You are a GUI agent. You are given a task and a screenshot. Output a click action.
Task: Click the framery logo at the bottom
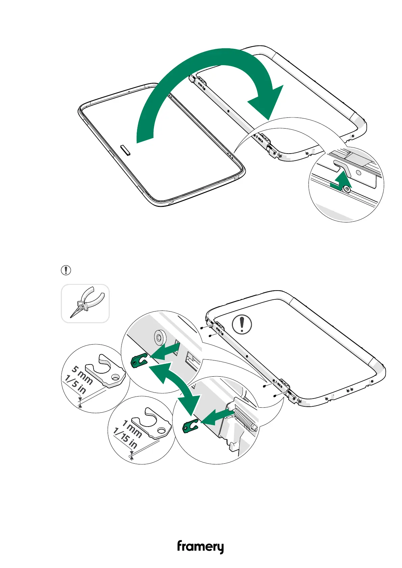[x=200, y=546]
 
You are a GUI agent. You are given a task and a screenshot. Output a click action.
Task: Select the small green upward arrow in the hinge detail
[x=342, y=181]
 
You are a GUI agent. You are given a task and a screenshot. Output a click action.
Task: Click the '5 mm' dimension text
[x=82, y=375]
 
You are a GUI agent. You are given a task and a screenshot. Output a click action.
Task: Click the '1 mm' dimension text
[x=132, y=429]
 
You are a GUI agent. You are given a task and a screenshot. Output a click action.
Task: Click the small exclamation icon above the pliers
[x=66, y=270]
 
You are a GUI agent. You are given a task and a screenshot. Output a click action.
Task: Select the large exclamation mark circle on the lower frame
[x=242, y=324]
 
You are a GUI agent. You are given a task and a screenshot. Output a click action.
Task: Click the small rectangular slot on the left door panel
[x=125, y=150]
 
